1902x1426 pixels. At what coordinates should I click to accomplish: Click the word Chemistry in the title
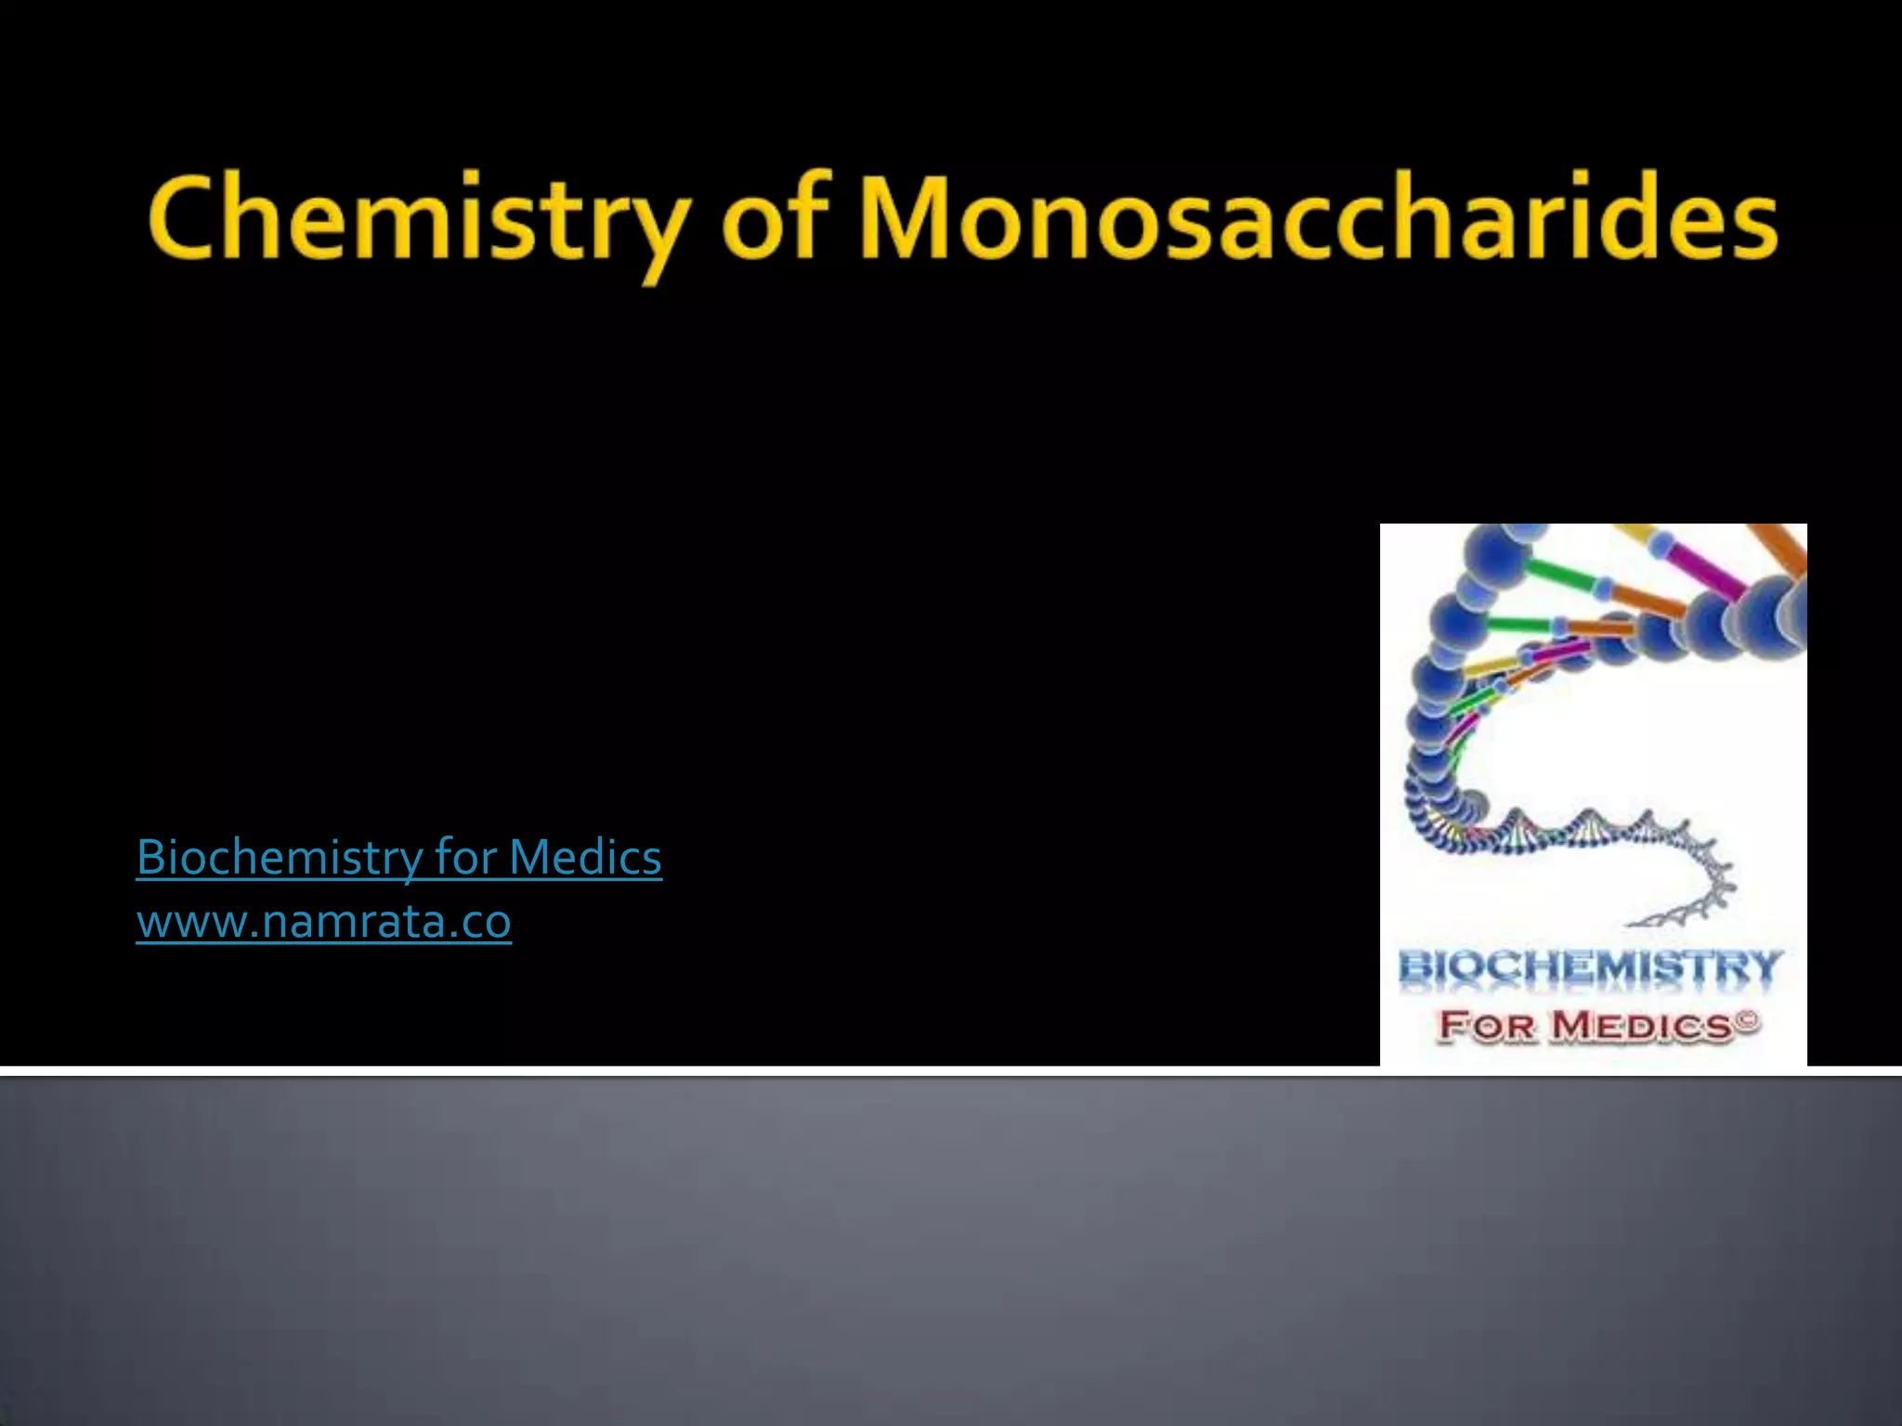coord(418,220)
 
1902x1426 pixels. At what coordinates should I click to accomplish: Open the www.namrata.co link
coord(323,922)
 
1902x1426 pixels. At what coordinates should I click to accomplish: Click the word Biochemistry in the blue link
coord(279,857)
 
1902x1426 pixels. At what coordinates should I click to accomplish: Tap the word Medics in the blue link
coord(585,857)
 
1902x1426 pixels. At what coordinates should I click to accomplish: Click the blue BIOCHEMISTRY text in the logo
coord(1590,968)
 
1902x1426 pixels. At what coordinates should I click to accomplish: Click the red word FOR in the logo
coord(1486,1026)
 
